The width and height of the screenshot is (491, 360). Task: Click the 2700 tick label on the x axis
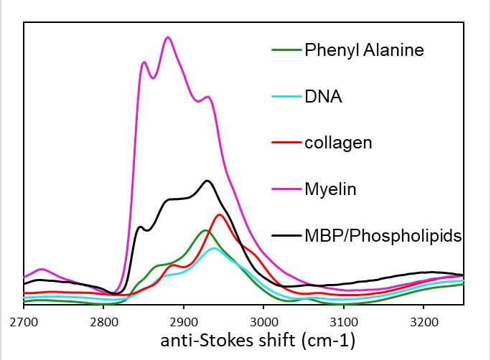click(24, 319)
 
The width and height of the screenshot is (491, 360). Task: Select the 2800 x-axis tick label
click(103, 319)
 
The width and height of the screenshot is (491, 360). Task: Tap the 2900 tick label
click(184, 319)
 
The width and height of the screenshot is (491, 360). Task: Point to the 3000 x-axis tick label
click(263, 319)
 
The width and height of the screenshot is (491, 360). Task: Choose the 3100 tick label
click(344, 319)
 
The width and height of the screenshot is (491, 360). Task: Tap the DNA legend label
click(323, 96)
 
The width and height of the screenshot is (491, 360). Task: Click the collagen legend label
click(338, 143)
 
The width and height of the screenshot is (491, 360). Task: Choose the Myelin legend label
click(330, 189)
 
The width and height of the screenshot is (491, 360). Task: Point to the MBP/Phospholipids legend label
click(383, 235)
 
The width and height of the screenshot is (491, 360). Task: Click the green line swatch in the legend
click(285, 50)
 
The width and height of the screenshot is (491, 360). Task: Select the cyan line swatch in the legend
click(285, 96)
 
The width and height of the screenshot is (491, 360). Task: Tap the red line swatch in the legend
click(285, 143)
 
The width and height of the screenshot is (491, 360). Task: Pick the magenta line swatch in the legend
click(285, 189)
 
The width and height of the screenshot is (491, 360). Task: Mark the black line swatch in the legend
click(285, 235)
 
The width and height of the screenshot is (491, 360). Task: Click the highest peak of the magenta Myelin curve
click(168, 37)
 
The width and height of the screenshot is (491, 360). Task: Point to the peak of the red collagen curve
click(220, 214)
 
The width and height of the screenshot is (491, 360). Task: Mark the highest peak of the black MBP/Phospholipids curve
click(207, 181)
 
